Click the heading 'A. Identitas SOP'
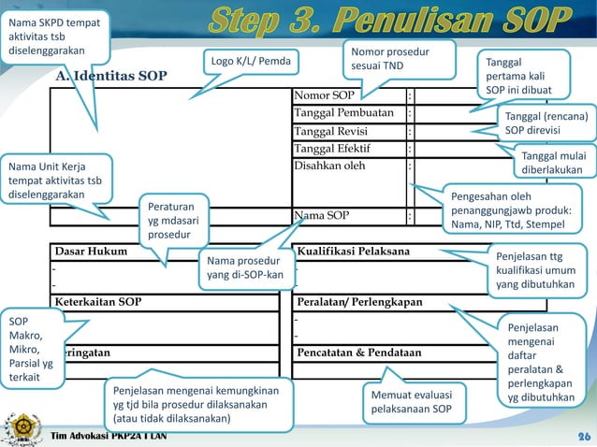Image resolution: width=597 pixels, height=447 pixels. click(x=111, y=75)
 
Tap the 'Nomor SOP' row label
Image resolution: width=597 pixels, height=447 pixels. click(x=325, y=95)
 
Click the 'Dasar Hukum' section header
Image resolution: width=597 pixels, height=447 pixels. click(x=89, y=252)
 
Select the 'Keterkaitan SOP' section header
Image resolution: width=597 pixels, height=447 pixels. click(x=98, y=302)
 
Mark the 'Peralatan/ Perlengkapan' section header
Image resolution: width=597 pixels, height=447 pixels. click(x=359, y=302)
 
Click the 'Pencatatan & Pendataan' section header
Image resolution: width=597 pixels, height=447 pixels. click(x=358, y=353)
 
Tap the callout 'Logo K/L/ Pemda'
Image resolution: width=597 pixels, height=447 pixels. click(x=250, y=63)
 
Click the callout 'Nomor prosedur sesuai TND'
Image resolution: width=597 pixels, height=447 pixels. click(x=386, y=59)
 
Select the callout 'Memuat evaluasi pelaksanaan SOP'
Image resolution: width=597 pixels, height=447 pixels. click(x=412, y=401)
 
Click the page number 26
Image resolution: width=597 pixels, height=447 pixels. click(x=583, y=437)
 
